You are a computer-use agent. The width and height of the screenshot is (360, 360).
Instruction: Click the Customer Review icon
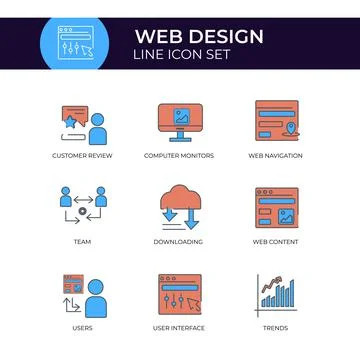coord(83,124)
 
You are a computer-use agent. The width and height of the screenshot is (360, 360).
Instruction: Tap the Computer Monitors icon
coord(179,123)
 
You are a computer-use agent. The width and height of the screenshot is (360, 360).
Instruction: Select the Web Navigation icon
coord(276,122)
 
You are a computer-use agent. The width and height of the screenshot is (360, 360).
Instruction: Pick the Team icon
coord(83,207)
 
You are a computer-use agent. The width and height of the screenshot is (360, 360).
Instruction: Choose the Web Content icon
coord(276,208)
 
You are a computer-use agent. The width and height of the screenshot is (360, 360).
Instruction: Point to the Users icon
coord(83,294)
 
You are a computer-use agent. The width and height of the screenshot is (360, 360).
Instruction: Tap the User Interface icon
coord(179,294)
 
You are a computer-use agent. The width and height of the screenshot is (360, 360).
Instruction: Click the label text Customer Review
coord(83,156)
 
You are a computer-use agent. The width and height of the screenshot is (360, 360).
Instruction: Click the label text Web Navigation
coord(276,156)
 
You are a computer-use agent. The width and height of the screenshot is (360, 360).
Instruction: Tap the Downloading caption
coord(179,241)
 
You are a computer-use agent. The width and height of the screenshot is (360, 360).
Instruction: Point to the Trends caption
coord(276,327)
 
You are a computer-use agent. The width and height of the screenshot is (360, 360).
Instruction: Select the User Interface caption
coord(179,327)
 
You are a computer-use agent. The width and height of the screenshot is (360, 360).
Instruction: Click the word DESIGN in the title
coord(222,37)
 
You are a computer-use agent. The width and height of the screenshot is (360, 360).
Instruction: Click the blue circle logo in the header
coord(83,45)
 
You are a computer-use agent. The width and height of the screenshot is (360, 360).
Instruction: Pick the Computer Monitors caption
coord(179,156)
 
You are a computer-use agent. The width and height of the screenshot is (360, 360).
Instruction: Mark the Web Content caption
coord(276,241)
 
